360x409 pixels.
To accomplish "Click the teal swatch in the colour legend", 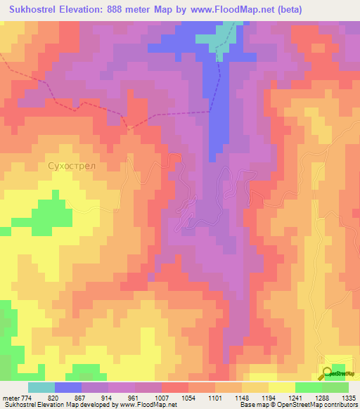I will [41, 387].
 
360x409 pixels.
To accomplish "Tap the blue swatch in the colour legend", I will [68, 387].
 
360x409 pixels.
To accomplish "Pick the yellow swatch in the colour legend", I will [282, 387].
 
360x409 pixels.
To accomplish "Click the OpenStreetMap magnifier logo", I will [328, 374].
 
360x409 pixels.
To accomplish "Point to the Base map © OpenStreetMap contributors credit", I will [298, 405].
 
